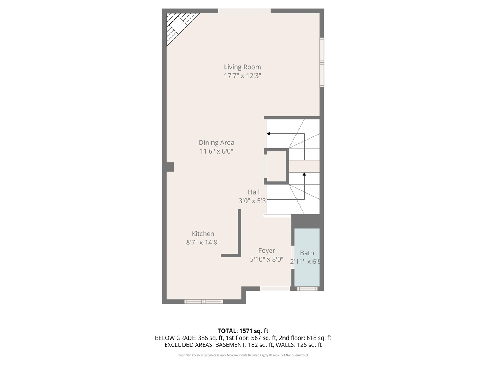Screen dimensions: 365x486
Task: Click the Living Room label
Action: point(242,67)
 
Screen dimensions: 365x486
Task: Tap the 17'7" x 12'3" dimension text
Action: point(242,76)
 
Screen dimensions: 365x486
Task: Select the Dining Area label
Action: point(216,143)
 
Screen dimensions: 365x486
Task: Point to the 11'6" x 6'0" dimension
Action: point(216,151)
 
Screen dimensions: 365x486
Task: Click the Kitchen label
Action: point(203,234)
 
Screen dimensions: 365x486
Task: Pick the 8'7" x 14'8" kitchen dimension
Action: point(203,243)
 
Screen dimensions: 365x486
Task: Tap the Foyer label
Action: point(267,251)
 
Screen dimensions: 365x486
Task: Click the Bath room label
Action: point(307,253)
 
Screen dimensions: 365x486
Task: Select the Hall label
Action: point(254,192)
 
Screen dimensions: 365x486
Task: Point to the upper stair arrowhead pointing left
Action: point(268,134)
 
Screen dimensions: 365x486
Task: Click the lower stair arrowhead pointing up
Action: point(304,175)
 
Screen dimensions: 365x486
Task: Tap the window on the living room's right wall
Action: point(322,62)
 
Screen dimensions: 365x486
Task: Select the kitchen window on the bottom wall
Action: point(203,302)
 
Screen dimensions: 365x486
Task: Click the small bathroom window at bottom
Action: point(307,289)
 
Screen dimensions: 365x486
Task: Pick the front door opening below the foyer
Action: point(275,289)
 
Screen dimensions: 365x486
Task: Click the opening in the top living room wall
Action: point(244,11)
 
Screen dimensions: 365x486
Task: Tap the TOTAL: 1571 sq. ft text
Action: point(243,331)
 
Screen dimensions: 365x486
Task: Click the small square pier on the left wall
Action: point(170,167)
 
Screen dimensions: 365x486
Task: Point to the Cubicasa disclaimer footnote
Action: point(243,355)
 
